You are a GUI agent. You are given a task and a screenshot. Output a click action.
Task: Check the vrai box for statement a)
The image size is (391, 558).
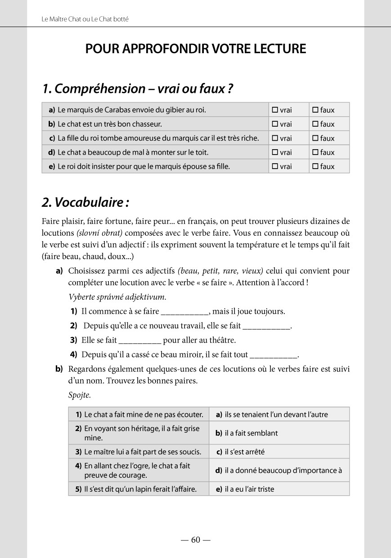276,110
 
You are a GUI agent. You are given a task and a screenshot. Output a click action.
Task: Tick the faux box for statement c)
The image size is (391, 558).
315,138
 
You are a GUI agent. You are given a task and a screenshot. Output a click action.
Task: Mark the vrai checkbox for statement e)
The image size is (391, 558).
276,166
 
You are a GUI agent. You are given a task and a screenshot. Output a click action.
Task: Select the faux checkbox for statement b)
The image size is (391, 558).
315,124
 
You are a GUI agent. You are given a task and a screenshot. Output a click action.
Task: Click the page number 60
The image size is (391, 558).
195,540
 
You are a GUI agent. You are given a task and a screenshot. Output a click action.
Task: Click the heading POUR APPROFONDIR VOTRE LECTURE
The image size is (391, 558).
195,49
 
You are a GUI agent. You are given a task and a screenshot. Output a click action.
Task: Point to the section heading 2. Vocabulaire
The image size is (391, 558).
85,202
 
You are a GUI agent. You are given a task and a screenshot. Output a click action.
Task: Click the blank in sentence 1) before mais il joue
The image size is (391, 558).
184,312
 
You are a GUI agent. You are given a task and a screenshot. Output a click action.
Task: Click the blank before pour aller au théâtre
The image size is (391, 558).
139,340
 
